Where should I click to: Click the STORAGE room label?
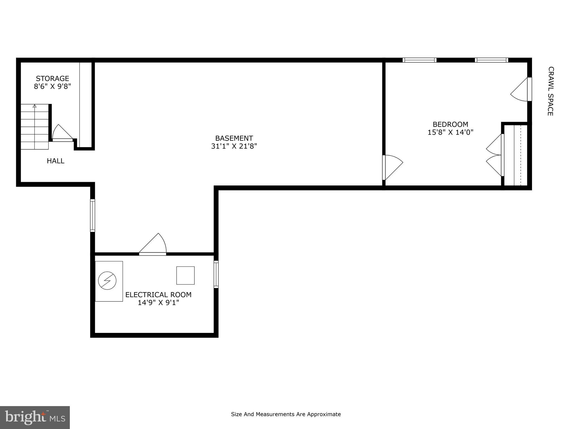[52, 78]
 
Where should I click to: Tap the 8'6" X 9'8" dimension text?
[52, 86]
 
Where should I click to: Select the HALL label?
[56, 161]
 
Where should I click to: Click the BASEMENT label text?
[234, 138]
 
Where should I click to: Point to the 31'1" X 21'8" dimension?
[234, 146]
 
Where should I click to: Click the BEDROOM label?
[450, 124]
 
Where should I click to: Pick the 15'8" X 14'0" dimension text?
[450, 132]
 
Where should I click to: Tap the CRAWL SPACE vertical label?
[550, 91]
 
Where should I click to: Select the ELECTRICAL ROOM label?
[158, 295]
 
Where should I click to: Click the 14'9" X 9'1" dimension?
[158, 302]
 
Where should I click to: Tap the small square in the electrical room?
[185, 275]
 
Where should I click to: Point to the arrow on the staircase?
[35, 106]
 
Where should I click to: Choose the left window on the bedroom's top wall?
[419, 60]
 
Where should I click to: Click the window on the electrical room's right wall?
[216, 274]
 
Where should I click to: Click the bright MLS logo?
[35, 417]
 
